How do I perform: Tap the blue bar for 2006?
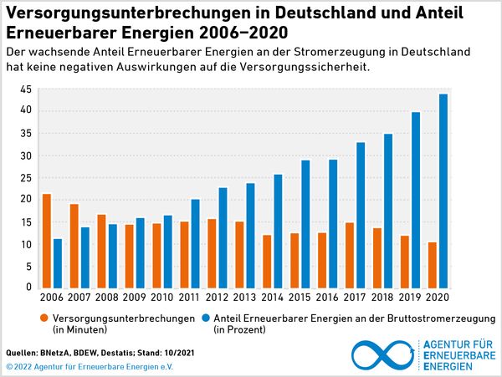point(58,263)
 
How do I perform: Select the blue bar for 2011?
point(195,243)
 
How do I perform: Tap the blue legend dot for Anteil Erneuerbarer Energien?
point(206,318)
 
